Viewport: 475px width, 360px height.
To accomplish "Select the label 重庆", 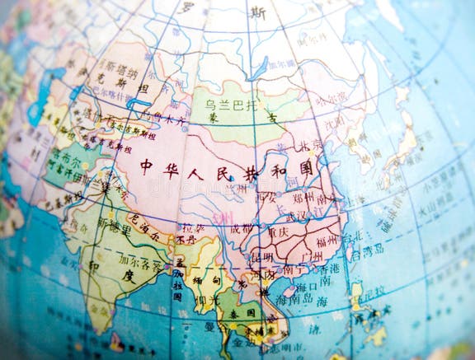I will [x=280, y=233].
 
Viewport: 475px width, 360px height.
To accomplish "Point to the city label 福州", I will [x=327, y=241].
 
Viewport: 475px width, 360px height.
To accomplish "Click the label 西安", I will [x=267, y=197].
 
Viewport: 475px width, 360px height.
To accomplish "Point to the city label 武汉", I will [x=312, y=215].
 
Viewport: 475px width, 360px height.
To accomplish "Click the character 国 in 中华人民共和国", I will [x=306, y=168].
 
